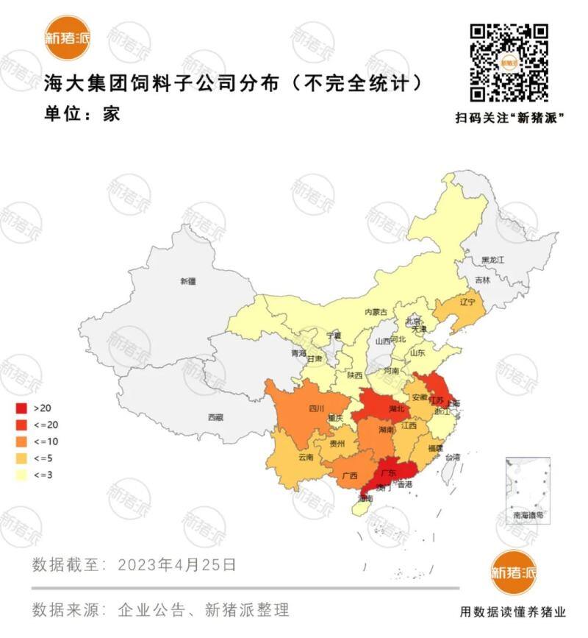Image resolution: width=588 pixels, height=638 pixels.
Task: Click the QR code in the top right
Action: pyautogui.click(x=509, y=63)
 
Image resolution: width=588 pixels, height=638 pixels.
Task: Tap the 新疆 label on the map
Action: pyautogui.click(x=188, y=281)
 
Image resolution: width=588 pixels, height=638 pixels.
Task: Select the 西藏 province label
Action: pyautogui.click(x=215, y=417)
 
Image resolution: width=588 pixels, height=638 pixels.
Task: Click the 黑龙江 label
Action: pyautogui.click(x=492, y=260)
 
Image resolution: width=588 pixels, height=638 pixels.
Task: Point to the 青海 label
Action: pyautogui.click(x=298, y=353)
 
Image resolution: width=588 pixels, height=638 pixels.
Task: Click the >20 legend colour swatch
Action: pyautogui.click(x=21, y=408)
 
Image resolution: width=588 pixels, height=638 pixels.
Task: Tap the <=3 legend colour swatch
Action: pyautogui.click(x=21, y=475)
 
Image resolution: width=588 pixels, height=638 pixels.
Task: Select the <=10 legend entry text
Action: pyautogui.click(x=43, y=442)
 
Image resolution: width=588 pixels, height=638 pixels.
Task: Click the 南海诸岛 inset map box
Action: pyautogui.click(x=528, y=489)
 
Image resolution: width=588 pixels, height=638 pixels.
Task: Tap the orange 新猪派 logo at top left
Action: pyautogui.click(x=67, y=37)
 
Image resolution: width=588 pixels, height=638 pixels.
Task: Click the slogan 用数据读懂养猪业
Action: pyautogui.click(x=513, y=612)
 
